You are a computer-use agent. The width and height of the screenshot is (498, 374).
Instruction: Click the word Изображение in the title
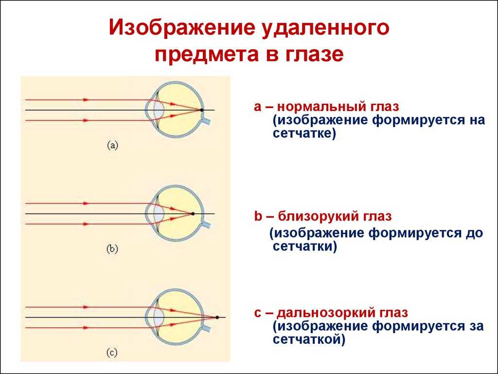(182, 28)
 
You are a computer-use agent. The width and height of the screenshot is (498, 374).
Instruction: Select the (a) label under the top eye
(112, 146)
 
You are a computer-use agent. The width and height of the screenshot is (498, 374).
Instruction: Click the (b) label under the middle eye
(112, 249)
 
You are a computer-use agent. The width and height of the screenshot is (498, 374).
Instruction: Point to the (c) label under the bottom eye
(112, 353)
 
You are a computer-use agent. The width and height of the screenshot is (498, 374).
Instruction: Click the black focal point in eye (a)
(202, 110)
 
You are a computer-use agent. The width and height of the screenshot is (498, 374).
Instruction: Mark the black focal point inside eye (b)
(193, 214)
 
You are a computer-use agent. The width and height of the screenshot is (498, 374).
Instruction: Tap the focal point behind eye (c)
(217, 318)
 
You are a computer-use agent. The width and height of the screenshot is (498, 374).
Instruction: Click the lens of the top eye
(159, 110)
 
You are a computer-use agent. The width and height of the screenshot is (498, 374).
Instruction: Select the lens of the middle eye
(159, 214)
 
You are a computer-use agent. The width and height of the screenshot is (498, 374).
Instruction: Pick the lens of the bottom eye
(159, 318)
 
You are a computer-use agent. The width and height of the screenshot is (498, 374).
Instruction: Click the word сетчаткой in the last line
(306, 339)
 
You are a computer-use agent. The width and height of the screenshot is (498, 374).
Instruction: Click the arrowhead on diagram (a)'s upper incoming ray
(86, 99)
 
